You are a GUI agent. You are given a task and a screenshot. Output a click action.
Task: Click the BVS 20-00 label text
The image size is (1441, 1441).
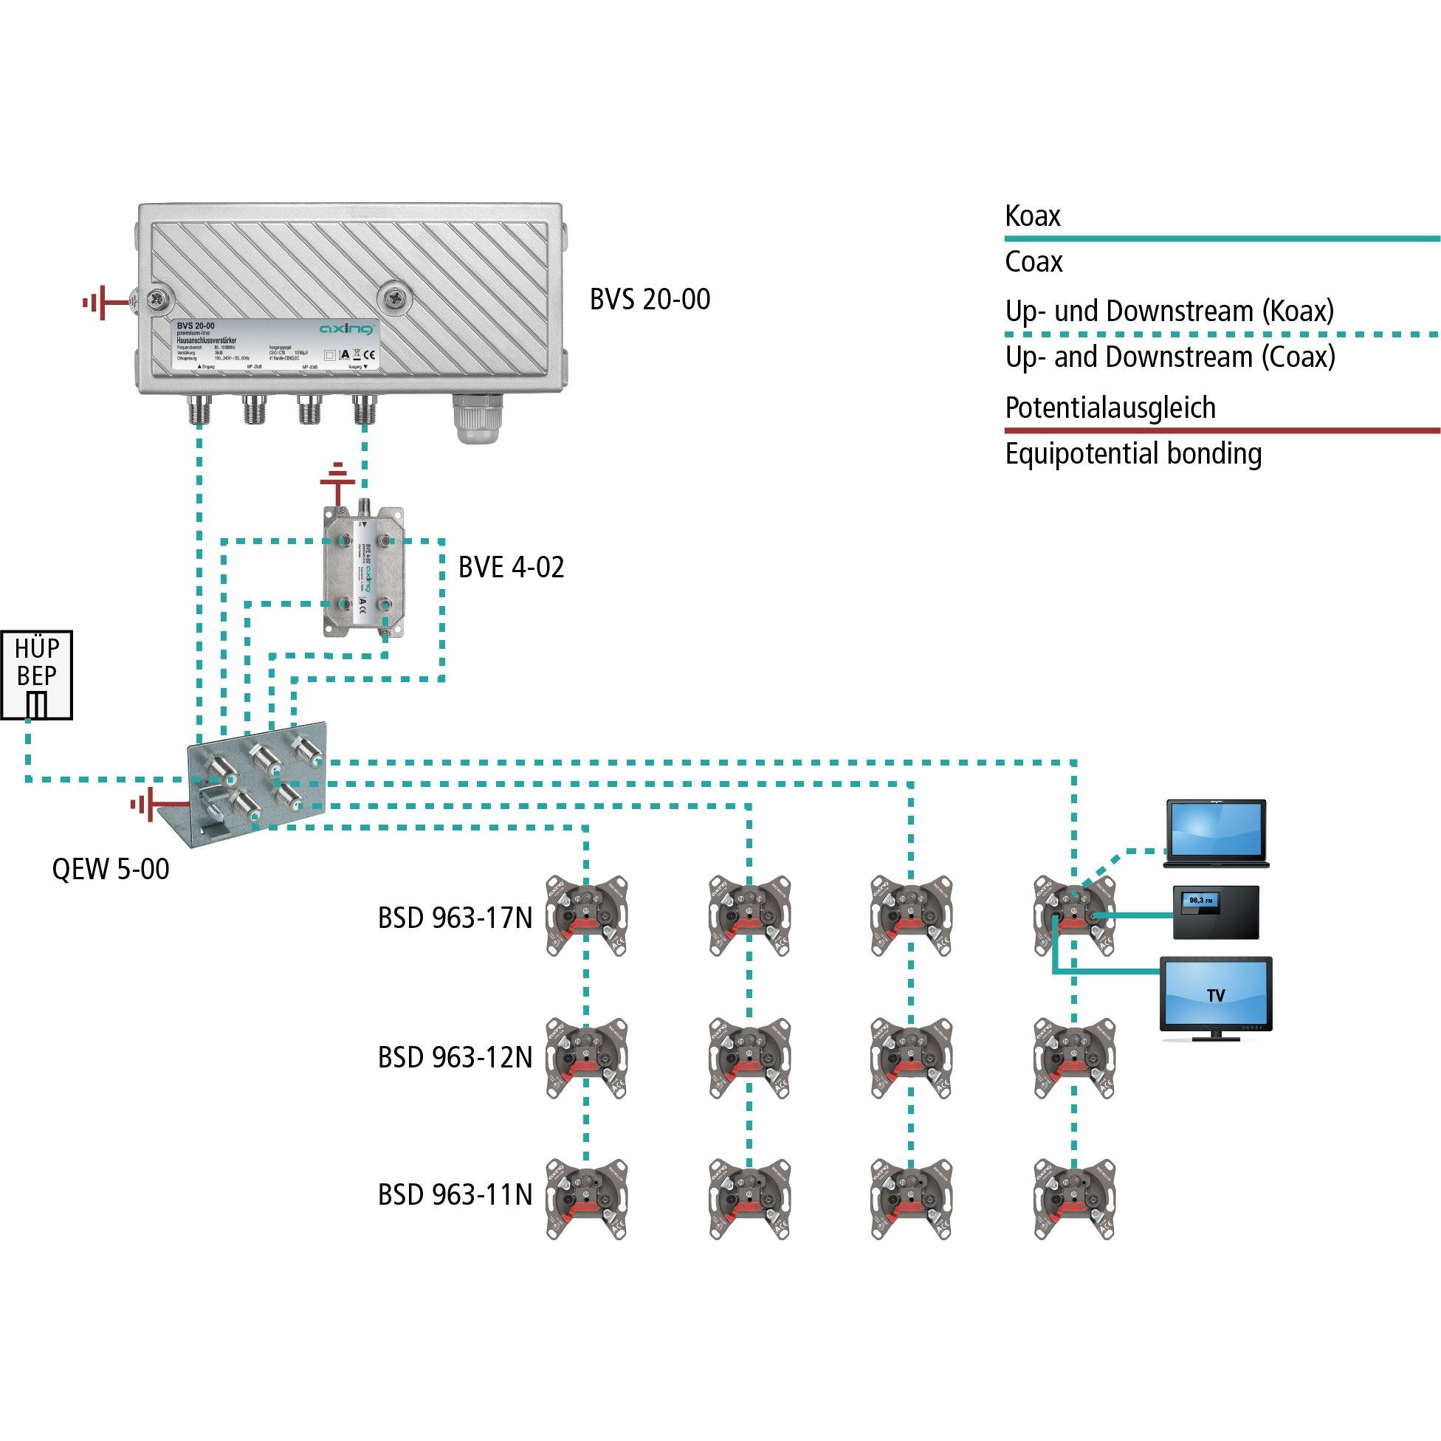click(x=650, y=300)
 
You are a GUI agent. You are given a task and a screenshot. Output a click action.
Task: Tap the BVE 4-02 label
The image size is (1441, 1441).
click(x=511, y=568)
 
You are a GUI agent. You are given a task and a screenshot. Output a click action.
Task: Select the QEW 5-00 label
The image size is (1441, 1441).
click(x=111, y=869)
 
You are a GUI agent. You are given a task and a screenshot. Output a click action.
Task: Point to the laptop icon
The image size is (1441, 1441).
click(x=1217, y=835)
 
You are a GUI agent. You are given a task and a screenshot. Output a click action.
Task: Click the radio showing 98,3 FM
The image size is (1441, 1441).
click(x=1216, y=912)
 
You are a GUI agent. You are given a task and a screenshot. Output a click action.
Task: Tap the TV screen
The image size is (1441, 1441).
click(x=1216, y=994)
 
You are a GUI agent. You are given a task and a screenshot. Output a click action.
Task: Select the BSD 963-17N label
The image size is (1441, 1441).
click(x=455, y=918)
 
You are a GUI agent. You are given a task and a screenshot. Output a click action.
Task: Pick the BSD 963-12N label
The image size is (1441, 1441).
click(x=455, y=1058)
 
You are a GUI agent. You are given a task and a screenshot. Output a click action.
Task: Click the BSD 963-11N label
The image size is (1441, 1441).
click(x=455, y=1195)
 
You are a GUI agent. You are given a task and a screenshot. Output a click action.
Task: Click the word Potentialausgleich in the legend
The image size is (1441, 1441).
click(x=1110, y=408)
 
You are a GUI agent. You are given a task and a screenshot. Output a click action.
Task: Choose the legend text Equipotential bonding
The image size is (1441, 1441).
click(x=1133, y=453)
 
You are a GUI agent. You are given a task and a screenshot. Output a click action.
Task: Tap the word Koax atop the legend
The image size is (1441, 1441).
click(x=1032, y=216)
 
